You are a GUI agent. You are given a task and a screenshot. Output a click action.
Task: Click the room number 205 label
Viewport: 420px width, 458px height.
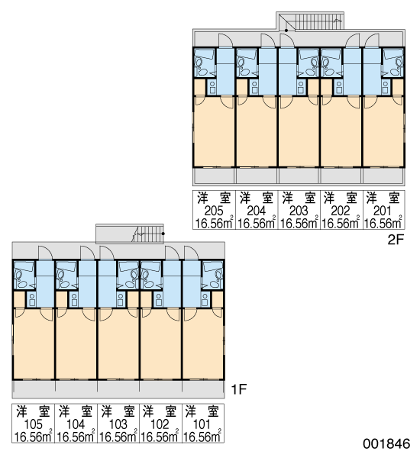click(214, 211)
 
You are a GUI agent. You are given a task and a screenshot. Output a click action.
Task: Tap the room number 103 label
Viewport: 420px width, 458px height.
click(118, 424)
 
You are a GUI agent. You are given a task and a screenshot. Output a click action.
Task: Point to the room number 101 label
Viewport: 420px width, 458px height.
click(202, 424)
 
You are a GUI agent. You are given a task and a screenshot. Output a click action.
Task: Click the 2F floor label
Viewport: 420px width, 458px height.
click(395, 240)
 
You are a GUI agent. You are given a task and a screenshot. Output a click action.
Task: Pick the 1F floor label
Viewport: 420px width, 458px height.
click(239, 389)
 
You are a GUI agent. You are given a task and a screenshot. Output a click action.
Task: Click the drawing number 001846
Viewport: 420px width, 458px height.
click(386, 443)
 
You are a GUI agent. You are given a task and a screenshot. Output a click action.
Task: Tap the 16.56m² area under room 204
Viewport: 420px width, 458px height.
click(257, 223)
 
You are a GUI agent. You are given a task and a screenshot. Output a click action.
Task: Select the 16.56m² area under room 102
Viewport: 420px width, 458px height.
click(160, 437)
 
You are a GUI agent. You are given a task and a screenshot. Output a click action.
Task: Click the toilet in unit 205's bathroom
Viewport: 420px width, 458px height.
click(199, 62)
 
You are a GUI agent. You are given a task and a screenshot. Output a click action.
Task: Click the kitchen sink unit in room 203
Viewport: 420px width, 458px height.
click(300, 87)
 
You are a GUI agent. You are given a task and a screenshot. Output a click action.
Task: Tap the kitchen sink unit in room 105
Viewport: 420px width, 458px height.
click(31, 300)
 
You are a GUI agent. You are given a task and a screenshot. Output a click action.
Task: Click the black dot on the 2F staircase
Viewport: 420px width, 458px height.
click(286, 31)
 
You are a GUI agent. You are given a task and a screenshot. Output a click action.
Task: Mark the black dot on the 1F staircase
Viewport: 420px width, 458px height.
click(163, 234)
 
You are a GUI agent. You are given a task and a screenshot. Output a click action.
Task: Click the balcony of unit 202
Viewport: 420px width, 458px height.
click(341, 176)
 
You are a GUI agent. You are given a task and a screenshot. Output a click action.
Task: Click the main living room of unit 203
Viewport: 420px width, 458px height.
click(299, 131)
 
